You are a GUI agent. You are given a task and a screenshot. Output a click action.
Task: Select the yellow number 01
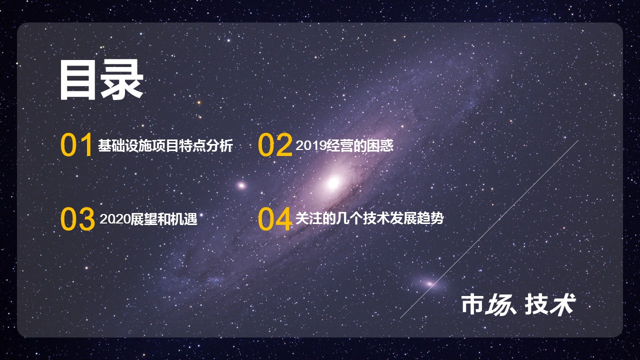pyautogui.click(x=76, y=145)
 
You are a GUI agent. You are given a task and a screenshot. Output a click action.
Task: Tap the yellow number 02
pyautogui.click(x=274, y=145)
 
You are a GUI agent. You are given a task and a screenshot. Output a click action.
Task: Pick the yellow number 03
pyautogui.click(x=77, y=219)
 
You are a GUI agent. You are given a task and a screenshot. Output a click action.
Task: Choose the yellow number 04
pyautogui.click(x=274, y=219)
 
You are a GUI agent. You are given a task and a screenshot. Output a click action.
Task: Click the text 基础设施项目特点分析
pyautogui.click(x=165, y=146)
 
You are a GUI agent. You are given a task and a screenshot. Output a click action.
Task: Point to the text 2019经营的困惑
pyautogui.click(x=344, y=146)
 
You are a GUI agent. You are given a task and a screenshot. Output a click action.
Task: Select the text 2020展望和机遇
pyautogui.click(x=148, y=219)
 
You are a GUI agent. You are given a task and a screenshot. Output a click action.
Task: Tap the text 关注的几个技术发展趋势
pyautogui.click(x=369, y=219)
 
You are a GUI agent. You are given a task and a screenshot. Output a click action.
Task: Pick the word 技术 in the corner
pyautogui.click(x=550, y=304)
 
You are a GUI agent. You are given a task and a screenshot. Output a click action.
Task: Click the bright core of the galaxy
pyautogui.click(x=332, y=182)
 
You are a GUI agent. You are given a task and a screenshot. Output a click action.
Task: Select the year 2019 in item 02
pyautogui.click(x=310, y=146)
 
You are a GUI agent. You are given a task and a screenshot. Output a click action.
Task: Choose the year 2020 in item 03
pyautogui.click(x=114, y=219)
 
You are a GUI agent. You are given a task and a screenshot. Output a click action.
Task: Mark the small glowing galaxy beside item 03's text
pyautogui.click(x=241, y=185)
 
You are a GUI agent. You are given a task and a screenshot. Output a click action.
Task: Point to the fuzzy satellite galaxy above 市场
pyautogui.click(x=429, y=283)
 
